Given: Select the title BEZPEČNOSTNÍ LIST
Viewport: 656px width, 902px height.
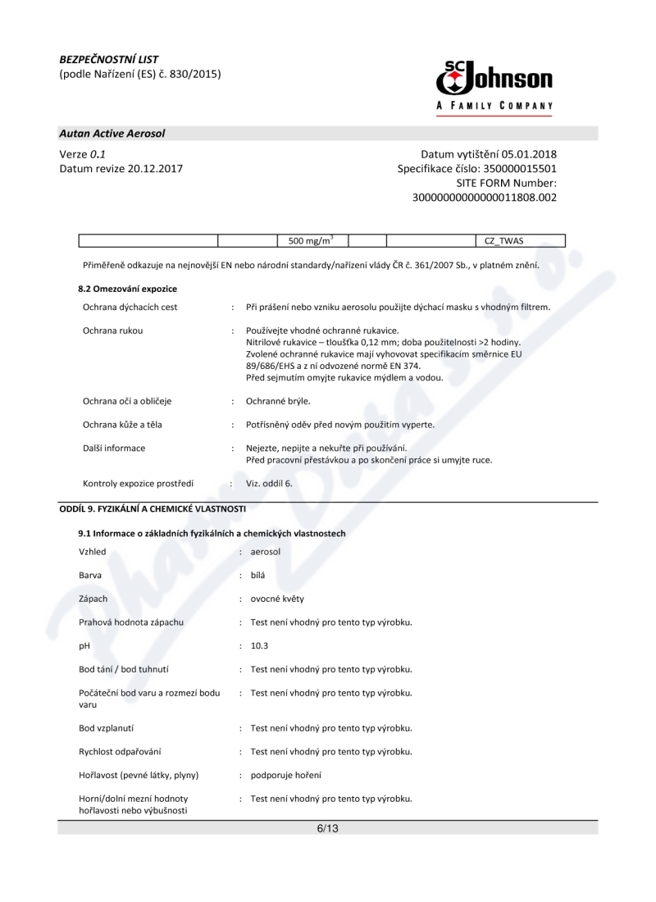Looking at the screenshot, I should click(109, 59).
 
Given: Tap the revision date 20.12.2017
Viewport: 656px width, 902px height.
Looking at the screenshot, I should click(155, 169).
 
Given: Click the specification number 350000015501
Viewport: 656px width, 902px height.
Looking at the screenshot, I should click(518, 169).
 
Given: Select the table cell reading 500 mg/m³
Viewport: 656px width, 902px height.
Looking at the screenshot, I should click(311, 240).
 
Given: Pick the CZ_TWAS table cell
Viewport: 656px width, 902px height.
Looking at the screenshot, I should click(503, 240).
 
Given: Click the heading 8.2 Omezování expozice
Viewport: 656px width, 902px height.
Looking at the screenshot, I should click(127, 289).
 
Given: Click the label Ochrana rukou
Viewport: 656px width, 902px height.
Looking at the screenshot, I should click(113, 331).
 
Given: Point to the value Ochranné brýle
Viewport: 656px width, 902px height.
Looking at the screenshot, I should click(278, 401).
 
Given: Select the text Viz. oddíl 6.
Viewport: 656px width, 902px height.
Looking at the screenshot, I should click(269, 483).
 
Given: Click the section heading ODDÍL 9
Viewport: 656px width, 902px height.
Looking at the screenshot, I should click(153, 508).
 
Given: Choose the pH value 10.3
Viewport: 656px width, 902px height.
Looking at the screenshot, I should click(259, 645).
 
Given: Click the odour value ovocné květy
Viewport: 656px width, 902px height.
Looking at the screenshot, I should click(276, 599).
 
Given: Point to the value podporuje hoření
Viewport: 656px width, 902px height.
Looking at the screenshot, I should click(285, 775).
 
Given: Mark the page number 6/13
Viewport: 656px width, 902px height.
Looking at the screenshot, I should click(327, 828).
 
